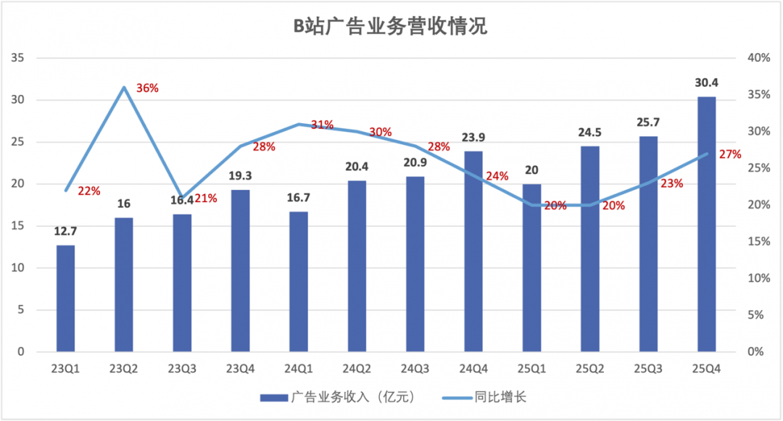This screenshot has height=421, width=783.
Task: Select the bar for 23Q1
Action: point(65,299)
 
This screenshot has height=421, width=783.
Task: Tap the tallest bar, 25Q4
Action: point(706,225)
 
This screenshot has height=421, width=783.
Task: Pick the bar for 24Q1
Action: point(299,282)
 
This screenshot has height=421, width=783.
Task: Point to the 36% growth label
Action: point(147,88)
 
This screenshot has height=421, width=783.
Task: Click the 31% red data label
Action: point(322,125)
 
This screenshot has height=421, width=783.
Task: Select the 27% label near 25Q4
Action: point(729,154)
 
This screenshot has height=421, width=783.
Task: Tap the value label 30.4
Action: point(706,83)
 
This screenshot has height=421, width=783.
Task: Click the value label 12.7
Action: point(65,232)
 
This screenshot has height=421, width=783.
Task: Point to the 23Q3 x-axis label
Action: point(182,369)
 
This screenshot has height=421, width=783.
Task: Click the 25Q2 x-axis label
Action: point(589,369)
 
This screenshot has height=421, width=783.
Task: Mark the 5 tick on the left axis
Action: point(21,310)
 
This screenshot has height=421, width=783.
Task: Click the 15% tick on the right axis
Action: point(758,241)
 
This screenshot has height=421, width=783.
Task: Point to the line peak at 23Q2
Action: point(124,88)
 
